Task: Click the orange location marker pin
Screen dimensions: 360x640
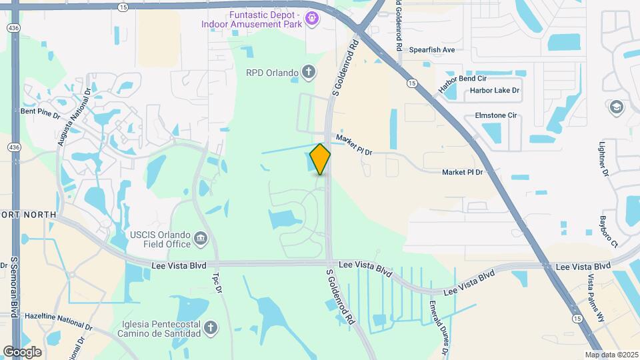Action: [x=321, y=159]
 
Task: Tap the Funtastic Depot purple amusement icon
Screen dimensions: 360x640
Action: [x=311, y=17]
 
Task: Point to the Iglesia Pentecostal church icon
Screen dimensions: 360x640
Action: [x=210, y=327]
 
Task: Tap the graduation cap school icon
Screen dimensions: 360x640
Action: [x=616, y=107]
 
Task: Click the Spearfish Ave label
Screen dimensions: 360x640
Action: [x=431, y=50]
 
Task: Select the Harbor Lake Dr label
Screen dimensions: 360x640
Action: [x=494, y=90]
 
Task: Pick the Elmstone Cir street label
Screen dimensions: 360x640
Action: [x=495, y=115]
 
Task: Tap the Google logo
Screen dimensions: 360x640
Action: [x=22, y=351]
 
